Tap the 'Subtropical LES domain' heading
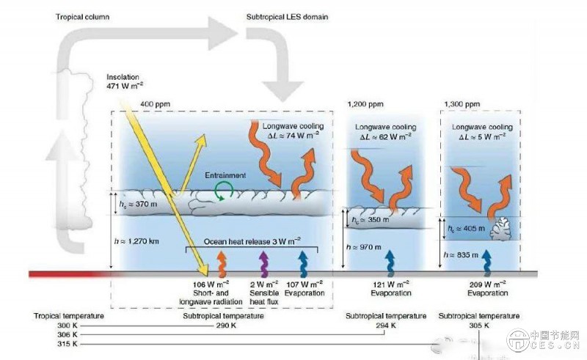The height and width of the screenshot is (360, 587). [287, 16]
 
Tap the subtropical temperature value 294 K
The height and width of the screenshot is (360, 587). [386, 325]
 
